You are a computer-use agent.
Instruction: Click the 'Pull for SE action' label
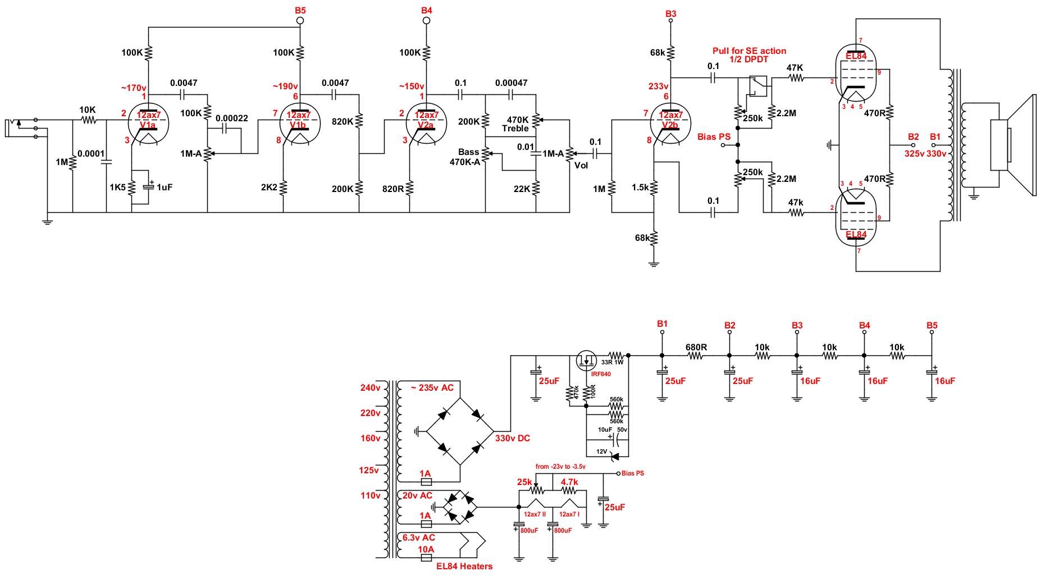[x=749, y=51]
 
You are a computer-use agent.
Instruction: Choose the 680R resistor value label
[x=696, y=347]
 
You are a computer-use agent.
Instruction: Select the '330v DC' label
[x=512, y=438]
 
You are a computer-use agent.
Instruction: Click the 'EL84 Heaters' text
[x=464, y=566]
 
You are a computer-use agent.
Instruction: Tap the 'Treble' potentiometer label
[x=515, y=128]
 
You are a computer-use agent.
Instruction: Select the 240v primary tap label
[x=371, y=387]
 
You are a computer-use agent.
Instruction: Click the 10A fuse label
[x=426, y=548]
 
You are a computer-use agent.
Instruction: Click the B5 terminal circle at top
[x=300, y=21]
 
